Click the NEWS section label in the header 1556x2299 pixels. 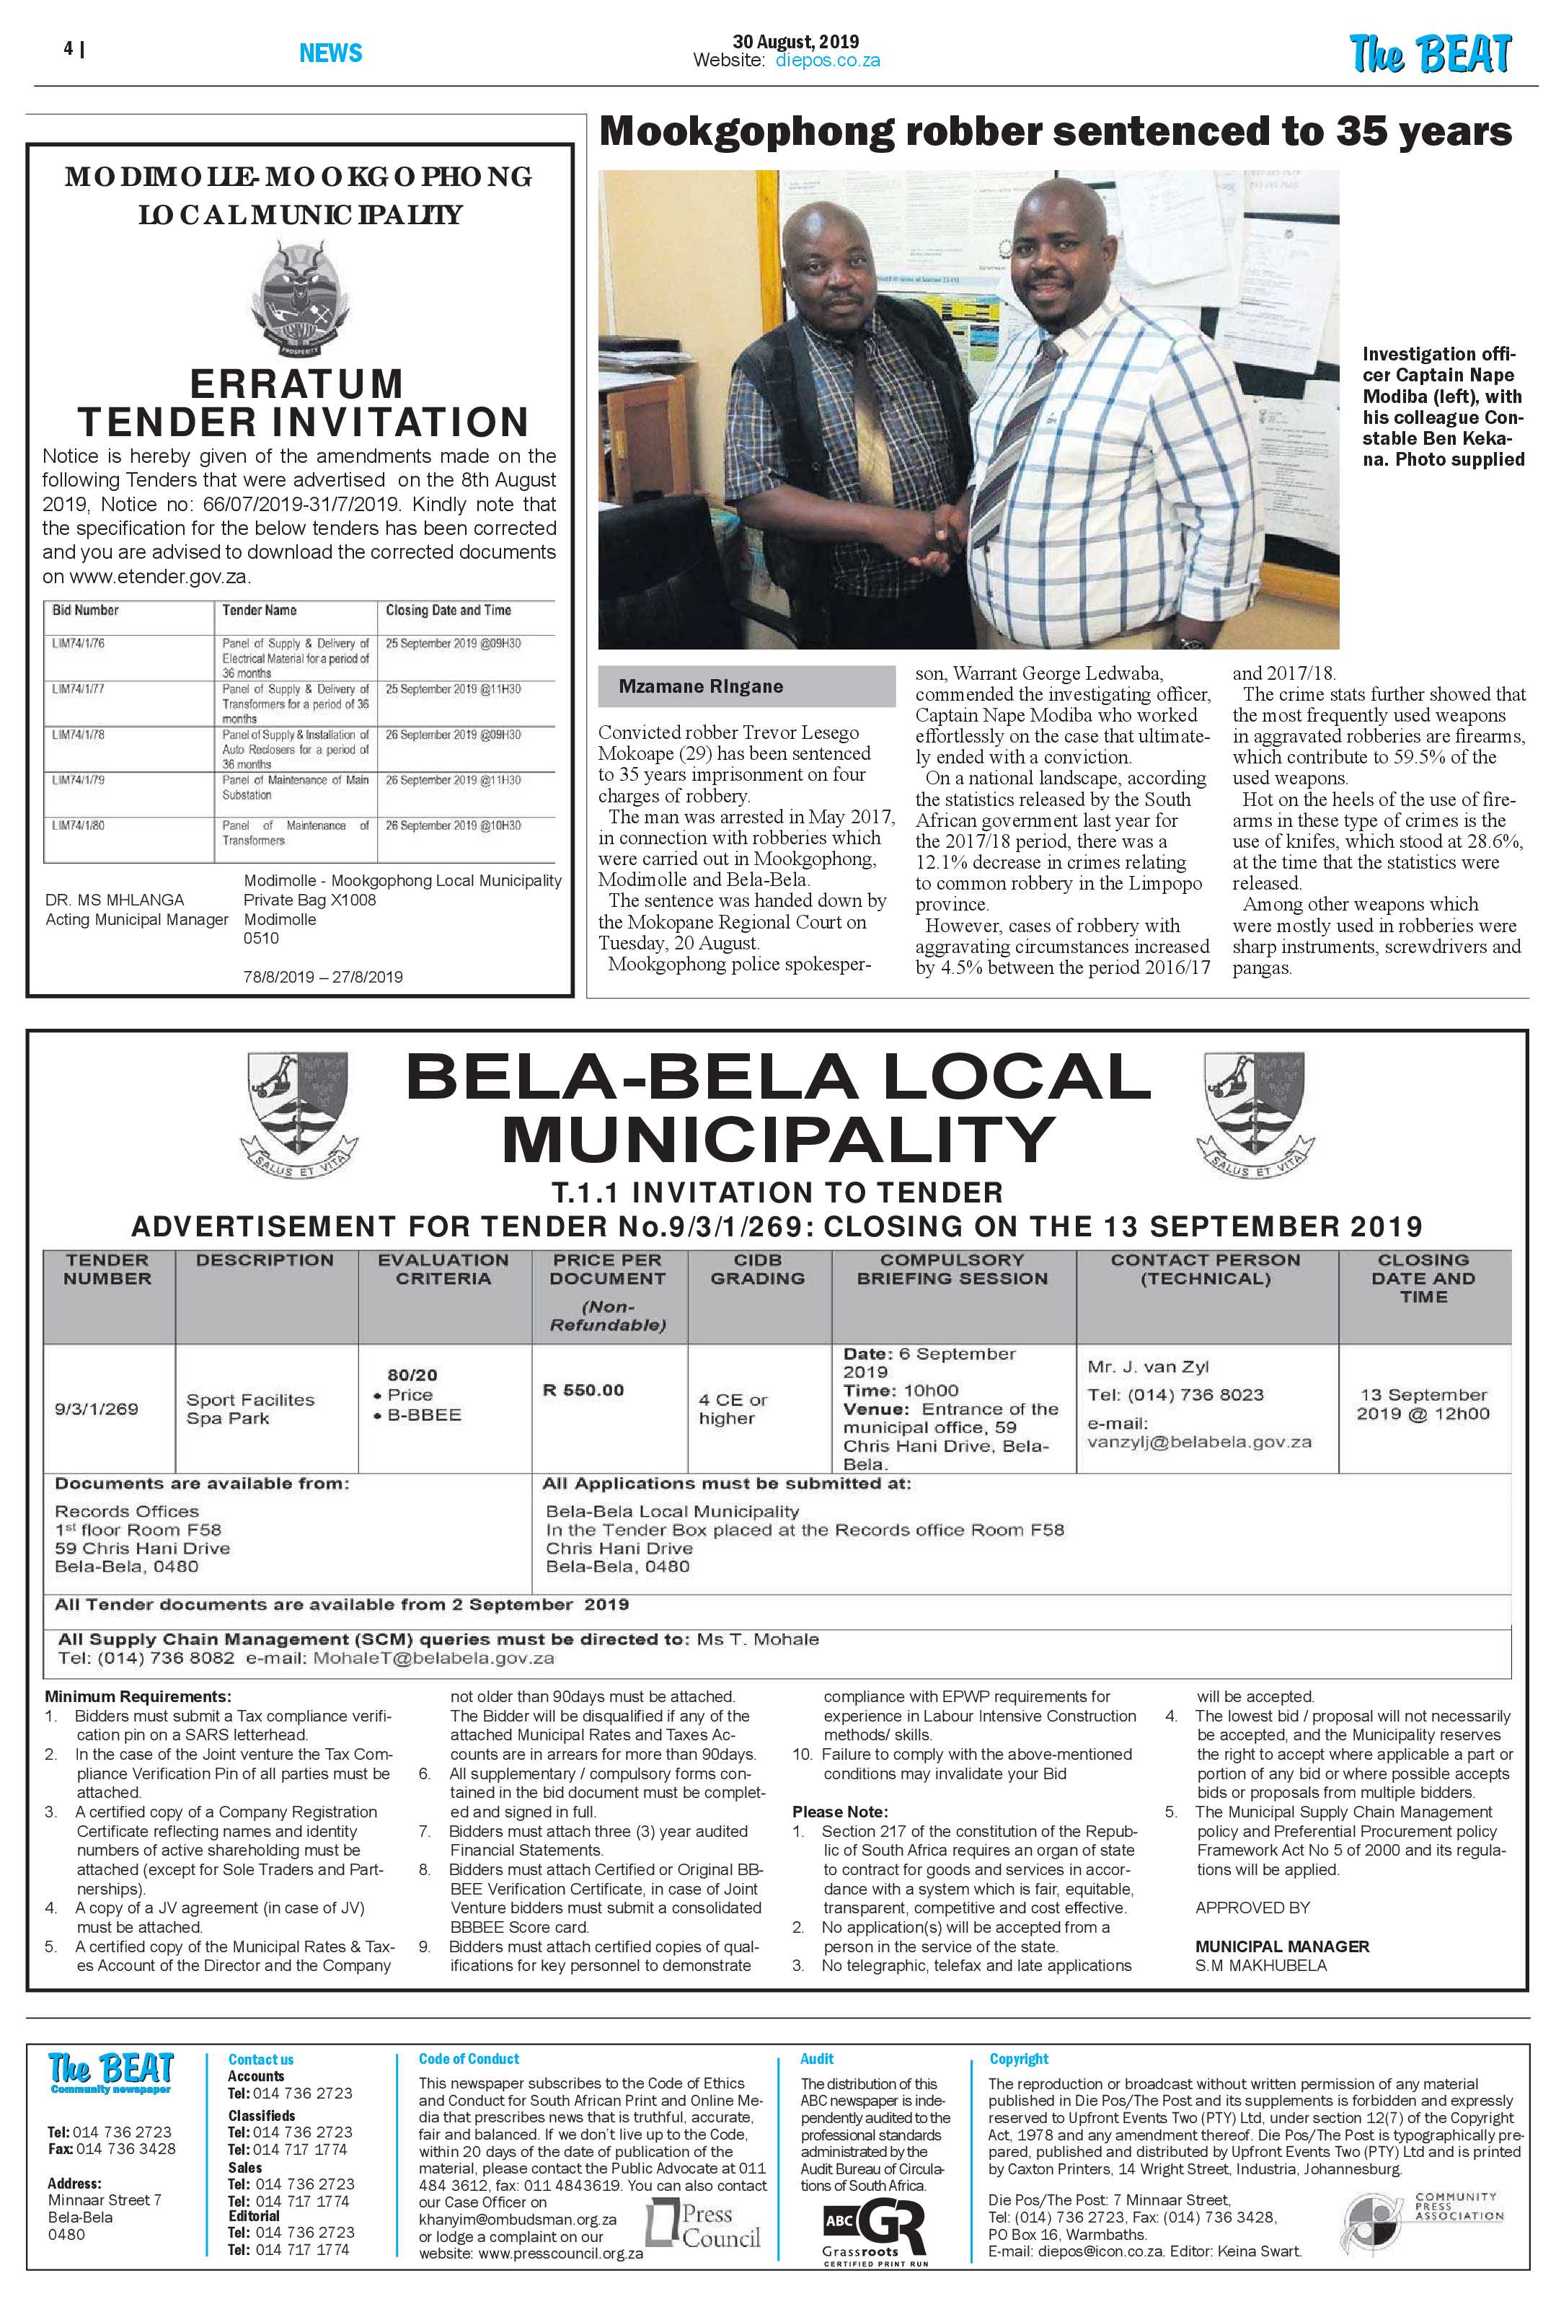click(x=330, y=53)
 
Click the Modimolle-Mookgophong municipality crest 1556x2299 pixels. click(x=299, y=298)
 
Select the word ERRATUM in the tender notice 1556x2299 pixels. click(x=297, y=384)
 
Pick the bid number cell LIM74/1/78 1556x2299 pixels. click(x=79, y=735)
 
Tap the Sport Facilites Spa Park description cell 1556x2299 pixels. click(x=250, y=1408)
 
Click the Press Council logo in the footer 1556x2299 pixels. click(x=703, y=2225)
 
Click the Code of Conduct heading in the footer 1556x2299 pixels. click(x=468, y=2059)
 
